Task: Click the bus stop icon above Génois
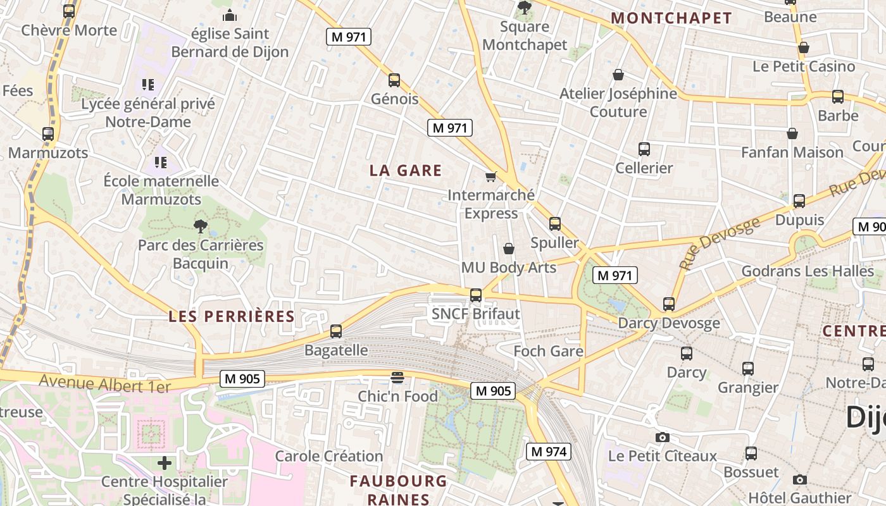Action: pyautogui.click(x=394, y=80)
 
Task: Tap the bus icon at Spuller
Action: pyautogui.click(x=555, y=224)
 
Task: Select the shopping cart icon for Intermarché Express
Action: pyautogui.click(x=490, y=176)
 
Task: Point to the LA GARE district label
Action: pyautogui.click(x=406, y=171)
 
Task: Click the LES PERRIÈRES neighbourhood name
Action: pyautogui.click(x=232, y=317)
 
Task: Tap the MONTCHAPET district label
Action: pyautogui.click(x=672, y=18)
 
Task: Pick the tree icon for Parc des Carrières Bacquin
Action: pyautogui.click(x=201, y=226)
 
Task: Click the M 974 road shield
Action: pyautogui.click(x=549, y=452)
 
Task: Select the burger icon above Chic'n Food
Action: pyautogui.click(x=397, y=378)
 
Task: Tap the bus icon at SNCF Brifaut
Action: pyautogui.click(x=476, y=295)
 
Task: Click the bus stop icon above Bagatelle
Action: pyautogui.click(x=336, y=331)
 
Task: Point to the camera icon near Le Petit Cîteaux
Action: pyautogui.click(x=662, y=437)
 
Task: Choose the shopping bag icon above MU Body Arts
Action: pyautogui.click(x=508, y=249)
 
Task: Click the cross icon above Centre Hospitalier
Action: pyautogui.click(x=165, y=463)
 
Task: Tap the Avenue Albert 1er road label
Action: pyautogui.click(x=105, y=383)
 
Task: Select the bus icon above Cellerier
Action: pyautogui.click(x=644, y=150)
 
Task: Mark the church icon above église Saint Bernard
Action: pyautogui.click(x=230, y=15)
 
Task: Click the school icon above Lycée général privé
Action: pyautogui.click(x=148, y=85)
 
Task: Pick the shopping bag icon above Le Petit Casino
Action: pyautogui.click(x=804, y=47)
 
